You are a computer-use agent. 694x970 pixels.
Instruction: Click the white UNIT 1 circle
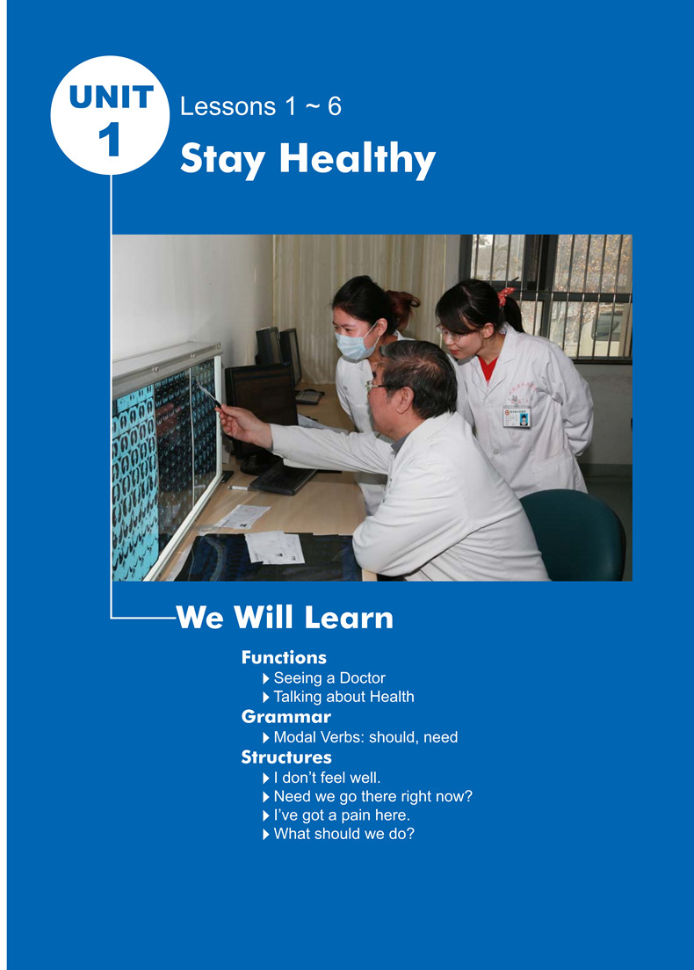[110, 116]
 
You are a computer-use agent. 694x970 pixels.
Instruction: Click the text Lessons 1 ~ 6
[260, 106]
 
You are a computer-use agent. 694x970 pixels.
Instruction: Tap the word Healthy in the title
[358, 159]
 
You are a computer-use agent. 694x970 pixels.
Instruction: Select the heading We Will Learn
[285, 618]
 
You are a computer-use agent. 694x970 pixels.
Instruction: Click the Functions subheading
[284, 657]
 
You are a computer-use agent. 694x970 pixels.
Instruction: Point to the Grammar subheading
[286, 716]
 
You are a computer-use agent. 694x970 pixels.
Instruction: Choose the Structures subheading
[286, 757]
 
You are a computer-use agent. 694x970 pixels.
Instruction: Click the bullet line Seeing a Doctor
[324, 678]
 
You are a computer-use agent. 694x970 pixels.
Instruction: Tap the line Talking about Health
[338, 697]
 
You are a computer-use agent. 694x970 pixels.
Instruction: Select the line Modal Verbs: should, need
[360, 737]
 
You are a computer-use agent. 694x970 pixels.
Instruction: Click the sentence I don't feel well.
[322, 778]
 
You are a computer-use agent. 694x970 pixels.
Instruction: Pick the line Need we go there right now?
[367, 797]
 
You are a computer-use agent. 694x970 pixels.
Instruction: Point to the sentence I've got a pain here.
[336, 815]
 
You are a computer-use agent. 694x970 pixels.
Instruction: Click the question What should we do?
[338, 834]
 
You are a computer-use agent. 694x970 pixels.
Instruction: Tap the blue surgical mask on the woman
[355, 344]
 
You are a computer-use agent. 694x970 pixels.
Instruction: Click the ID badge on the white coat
[517, 417]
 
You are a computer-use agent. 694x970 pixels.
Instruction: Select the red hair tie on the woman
[505, 296]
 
